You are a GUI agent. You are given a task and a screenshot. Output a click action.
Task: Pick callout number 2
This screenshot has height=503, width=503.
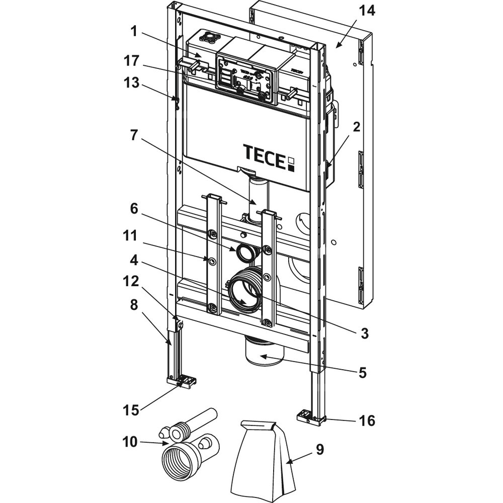[x=356, y=127]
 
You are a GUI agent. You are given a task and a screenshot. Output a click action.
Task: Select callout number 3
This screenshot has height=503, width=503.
[x=363, y=332]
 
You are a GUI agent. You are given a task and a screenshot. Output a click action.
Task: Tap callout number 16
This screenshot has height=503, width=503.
[x=368, y=420]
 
